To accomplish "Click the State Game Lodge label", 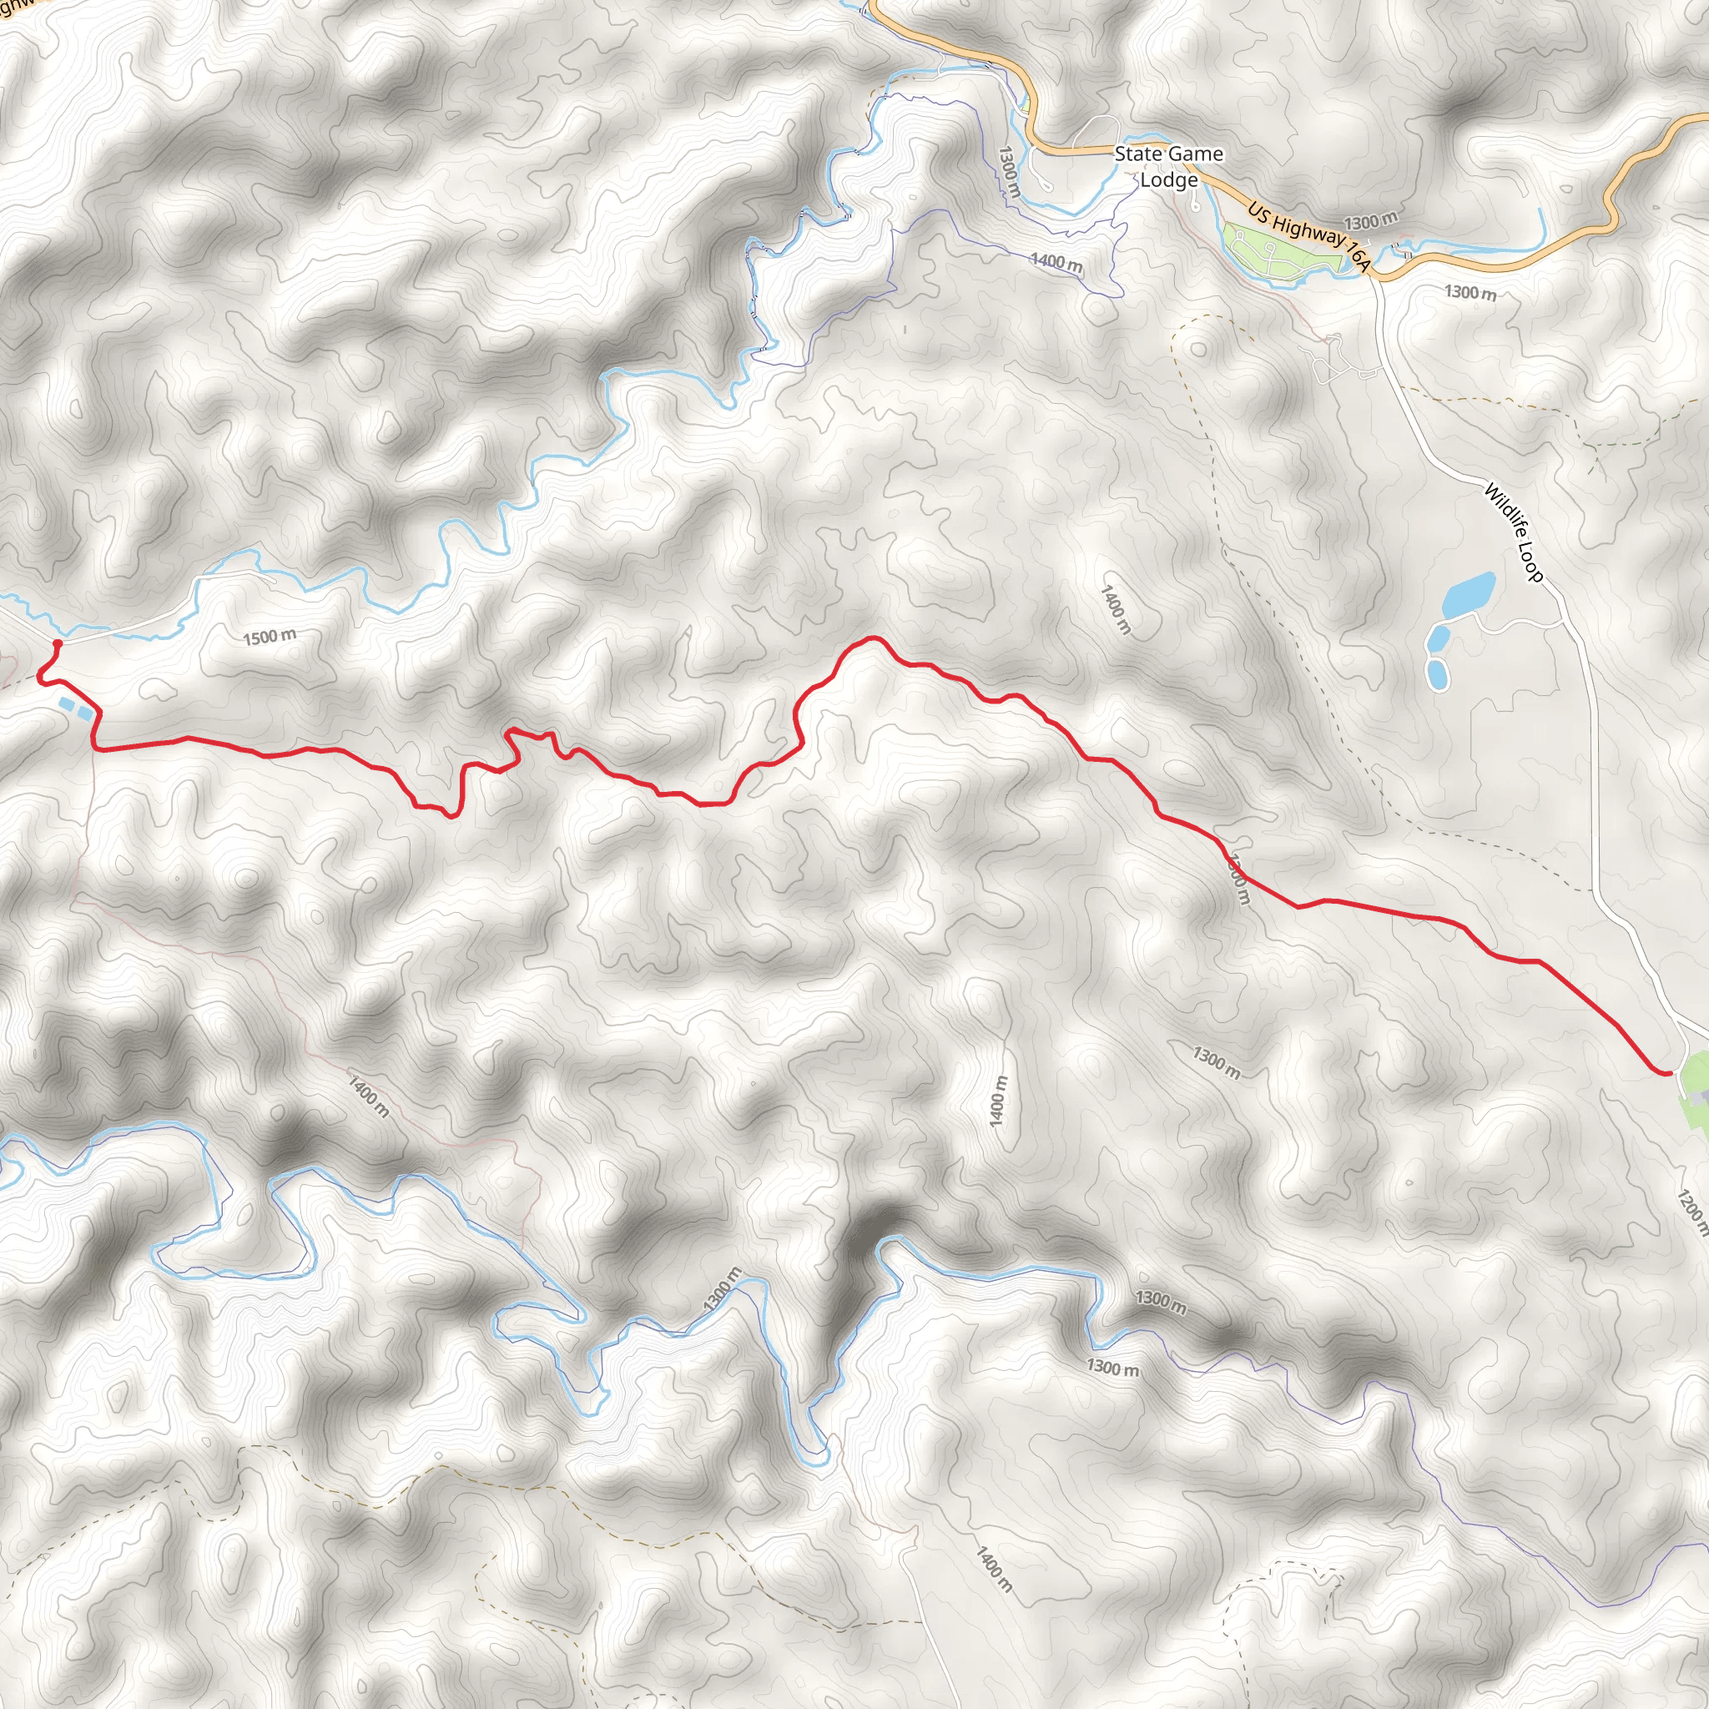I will coord(1167,166).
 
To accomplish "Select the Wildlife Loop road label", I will coord(1514,532).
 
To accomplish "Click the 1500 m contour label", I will coord(270,637).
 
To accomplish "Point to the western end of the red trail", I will coord(58,643).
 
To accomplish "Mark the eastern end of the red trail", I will coord(1668,1073).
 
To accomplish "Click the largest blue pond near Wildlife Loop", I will coord(1470,594).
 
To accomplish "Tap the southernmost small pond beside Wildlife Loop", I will coord(1439,674).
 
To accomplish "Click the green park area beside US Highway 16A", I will coord(1273,252).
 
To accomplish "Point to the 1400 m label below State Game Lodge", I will coord(1056,263).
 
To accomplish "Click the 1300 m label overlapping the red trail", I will coord(1238,879).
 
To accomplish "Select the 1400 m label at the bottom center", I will coord(992,1568).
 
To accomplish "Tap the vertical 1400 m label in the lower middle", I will coord(999,1101).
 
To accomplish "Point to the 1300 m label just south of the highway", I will coord(1470,292).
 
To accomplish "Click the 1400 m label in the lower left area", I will coord(367,1096).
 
